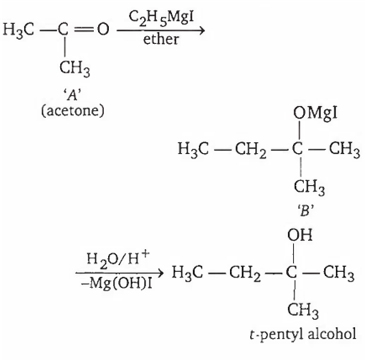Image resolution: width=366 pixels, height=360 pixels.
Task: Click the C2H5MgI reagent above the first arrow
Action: tap(161, 18)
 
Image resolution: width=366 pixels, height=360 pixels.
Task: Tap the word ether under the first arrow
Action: tap(161, 39)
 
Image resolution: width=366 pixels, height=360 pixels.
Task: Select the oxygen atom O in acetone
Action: tap(103, 29)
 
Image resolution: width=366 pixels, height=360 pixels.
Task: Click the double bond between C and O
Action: tap(83, 30)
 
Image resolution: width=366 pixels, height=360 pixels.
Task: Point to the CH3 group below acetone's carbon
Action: tap(74, 68)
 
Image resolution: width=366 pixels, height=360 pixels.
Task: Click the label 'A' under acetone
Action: tap(73, 95)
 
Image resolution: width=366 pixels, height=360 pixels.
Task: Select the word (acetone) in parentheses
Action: tap(73, 111)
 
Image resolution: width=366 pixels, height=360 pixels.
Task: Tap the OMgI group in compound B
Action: tap(315, 114)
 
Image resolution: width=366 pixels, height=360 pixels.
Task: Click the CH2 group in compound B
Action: tap(251, 150)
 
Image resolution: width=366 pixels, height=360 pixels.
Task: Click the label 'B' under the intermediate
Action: tap(306, 210)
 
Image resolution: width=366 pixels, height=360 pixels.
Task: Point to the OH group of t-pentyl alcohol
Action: tap(300, 235)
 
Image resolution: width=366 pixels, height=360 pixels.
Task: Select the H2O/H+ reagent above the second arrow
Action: tap(117, 259)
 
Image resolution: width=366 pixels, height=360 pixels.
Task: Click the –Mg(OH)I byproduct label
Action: tap(116, 283)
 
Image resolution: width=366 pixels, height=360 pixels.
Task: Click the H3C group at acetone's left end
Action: tap(18, 30)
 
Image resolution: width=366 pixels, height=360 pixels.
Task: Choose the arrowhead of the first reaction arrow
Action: tap(202, 30)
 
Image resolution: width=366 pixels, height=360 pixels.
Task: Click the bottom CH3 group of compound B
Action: tap(309, 187)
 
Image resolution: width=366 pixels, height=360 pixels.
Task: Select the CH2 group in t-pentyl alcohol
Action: tap(245, 273)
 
